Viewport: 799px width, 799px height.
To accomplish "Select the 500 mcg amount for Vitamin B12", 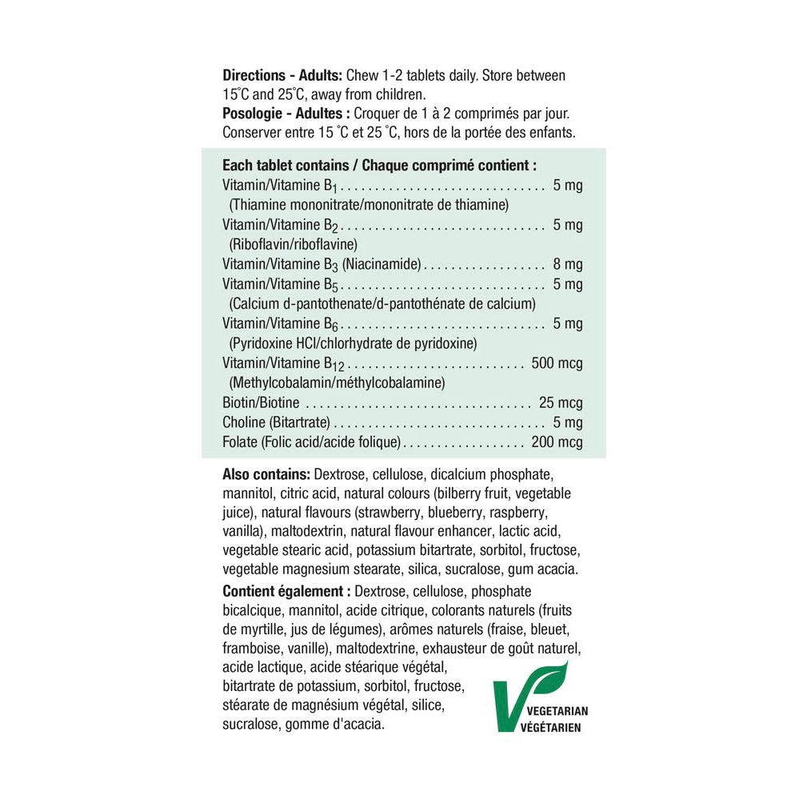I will pyautogui.click(x=557, y=363).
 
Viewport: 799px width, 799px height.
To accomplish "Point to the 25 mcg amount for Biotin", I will pyautogui.click(x=561, y=402).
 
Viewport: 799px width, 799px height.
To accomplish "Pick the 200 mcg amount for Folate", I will pyautogui.click(x=557, y=442).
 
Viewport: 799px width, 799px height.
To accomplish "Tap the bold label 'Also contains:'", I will pyautogui.click(x=266, y=475).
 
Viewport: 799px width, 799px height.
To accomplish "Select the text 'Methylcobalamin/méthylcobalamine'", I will pyautogui.click(x=337, y=383).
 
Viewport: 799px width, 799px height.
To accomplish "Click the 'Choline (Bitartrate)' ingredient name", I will pyautogui.click(x=277, y=422).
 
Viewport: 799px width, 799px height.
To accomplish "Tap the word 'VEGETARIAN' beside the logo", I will pyautogui.click(x=554, y=711).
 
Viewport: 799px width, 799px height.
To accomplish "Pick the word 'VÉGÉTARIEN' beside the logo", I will pyautogui.click(x=551, y=728).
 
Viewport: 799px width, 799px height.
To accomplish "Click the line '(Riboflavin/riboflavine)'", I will pyautogui.click(x=293, y=245).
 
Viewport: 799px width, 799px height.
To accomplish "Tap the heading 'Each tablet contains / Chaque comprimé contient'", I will pyautogui.click(x=378, y=166).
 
